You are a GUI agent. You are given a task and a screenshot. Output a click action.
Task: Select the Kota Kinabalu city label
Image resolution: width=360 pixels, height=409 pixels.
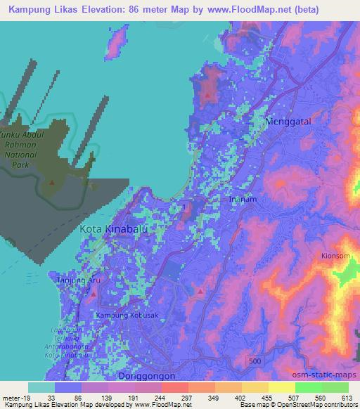[x=105, y=229]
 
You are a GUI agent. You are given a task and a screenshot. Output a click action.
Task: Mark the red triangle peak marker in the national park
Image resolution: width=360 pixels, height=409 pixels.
[x=51, y=181]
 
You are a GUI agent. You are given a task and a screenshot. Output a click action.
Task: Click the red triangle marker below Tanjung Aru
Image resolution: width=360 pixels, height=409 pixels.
[x=94, y=292]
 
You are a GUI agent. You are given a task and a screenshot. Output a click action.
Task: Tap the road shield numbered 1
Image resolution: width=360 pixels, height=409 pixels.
[x=184, y=207]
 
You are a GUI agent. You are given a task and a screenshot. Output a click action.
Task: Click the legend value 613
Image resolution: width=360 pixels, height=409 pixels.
[x=347, y=397]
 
